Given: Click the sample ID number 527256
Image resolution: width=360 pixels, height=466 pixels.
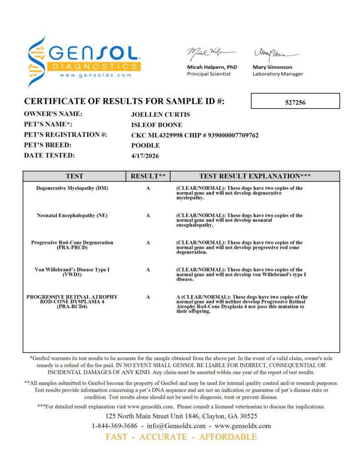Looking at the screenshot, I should tap(295, 102).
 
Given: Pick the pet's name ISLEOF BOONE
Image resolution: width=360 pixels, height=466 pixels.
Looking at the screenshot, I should tap(157, 125).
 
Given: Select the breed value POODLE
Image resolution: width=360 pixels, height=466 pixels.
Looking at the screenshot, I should tap(145, 146).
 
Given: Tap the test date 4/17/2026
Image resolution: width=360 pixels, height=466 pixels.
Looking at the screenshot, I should tap(145, 156).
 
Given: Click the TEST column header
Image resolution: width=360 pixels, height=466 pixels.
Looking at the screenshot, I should tap(74, 176).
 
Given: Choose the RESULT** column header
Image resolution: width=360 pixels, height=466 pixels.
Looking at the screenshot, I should tap(148, 176).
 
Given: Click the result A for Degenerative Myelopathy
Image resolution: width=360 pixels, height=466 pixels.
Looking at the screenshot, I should tap(148, 188).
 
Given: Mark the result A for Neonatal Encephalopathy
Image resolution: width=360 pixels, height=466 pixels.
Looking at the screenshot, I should tap(148, 215).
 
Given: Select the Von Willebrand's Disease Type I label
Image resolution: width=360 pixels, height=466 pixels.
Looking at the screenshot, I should tap(72, 270).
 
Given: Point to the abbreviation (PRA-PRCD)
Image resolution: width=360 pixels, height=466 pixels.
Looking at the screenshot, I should tap(72, 248).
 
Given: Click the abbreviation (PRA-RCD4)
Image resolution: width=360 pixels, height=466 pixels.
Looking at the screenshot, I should tap(72, 307).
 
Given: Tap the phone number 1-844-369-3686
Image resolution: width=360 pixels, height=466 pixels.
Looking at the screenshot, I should tap(115, 426).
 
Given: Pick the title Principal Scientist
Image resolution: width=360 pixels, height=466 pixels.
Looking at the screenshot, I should tap(209, 74).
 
